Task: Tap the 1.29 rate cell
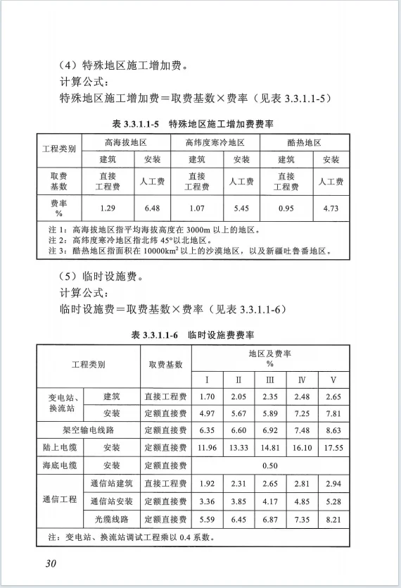click(108, 208)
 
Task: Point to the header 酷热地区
click(305, 143)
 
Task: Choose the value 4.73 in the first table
click(331, 208)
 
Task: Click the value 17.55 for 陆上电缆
click(333, 446)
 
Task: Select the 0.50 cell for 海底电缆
click(269, 465)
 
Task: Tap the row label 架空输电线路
click(86, 429)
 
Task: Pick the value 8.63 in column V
click(333, 429)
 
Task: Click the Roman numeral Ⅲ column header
click(269, 380)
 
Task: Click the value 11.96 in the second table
click(206, 446)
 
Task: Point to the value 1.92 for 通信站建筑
click(206, 484)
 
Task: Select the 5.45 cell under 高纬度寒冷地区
click(241, 208)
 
